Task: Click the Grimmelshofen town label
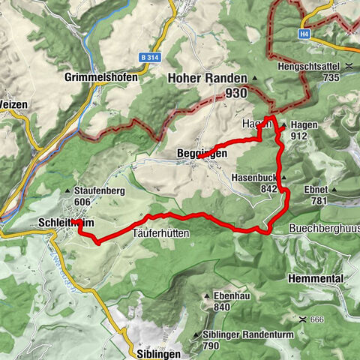pos(97,76)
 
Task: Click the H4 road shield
pos(304,34)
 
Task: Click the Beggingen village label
pos(201,153)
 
